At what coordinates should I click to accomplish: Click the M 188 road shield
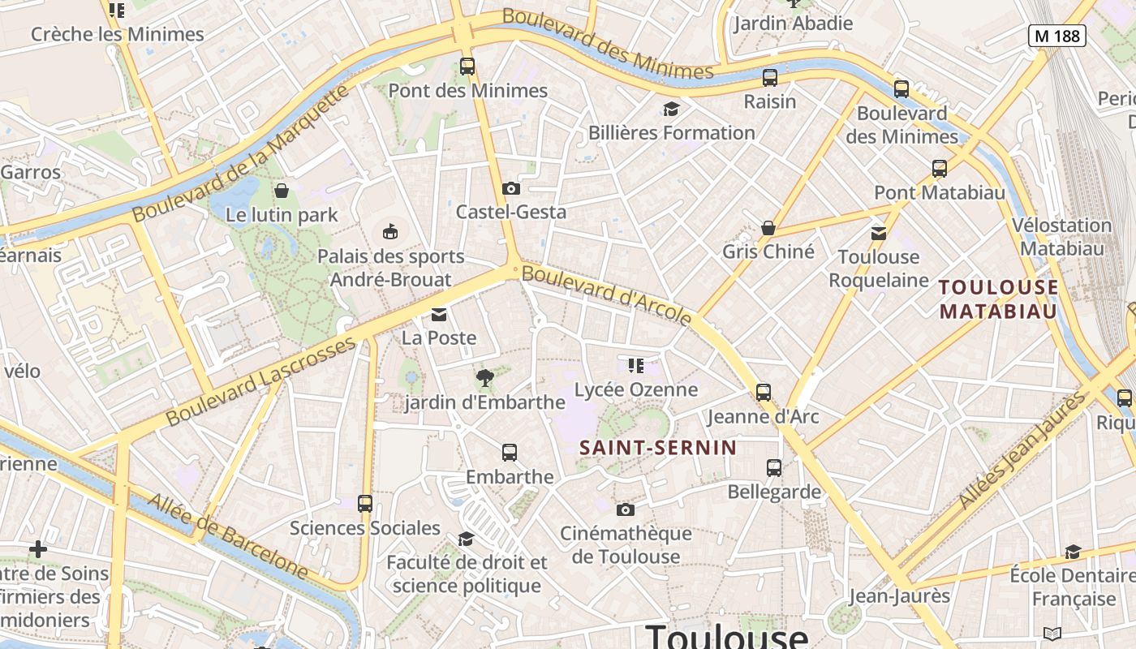1057,36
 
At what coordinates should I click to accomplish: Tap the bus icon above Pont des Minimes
467,67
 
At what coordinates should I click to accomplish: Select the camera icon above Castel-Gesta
510,189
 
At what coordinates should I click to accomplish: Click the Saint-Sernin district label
658,447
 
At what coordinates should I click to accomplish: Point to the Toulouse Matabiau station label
999,299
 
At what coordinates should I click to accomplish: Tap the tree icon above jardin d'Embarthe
485,377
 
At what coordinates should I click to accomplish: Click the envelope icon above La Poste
439,315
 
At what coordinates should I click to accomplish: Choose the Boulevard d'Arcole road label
606,294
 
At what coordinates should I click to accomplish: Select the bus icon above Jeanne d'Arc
764,393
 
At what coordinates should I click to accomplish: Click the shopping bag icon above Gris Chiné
768,228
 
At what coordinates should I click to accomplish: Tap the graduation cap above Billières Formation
671,109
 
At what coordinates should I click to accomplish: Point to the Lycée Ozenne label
636,389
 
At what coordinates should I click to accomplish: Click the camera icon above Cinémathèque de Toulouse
625,509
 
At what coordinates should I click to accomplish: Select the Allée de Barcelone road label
229,537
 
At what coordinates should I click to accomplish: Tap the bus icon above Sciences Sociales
365,504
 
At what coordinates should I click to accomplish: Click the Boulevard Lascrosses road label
261,381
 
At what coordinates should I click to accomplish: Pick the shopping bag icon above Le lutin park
282,191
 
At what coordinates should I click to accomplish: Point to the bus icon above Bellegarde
774,468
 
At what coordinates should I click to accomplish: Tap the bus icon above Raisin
770,78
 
